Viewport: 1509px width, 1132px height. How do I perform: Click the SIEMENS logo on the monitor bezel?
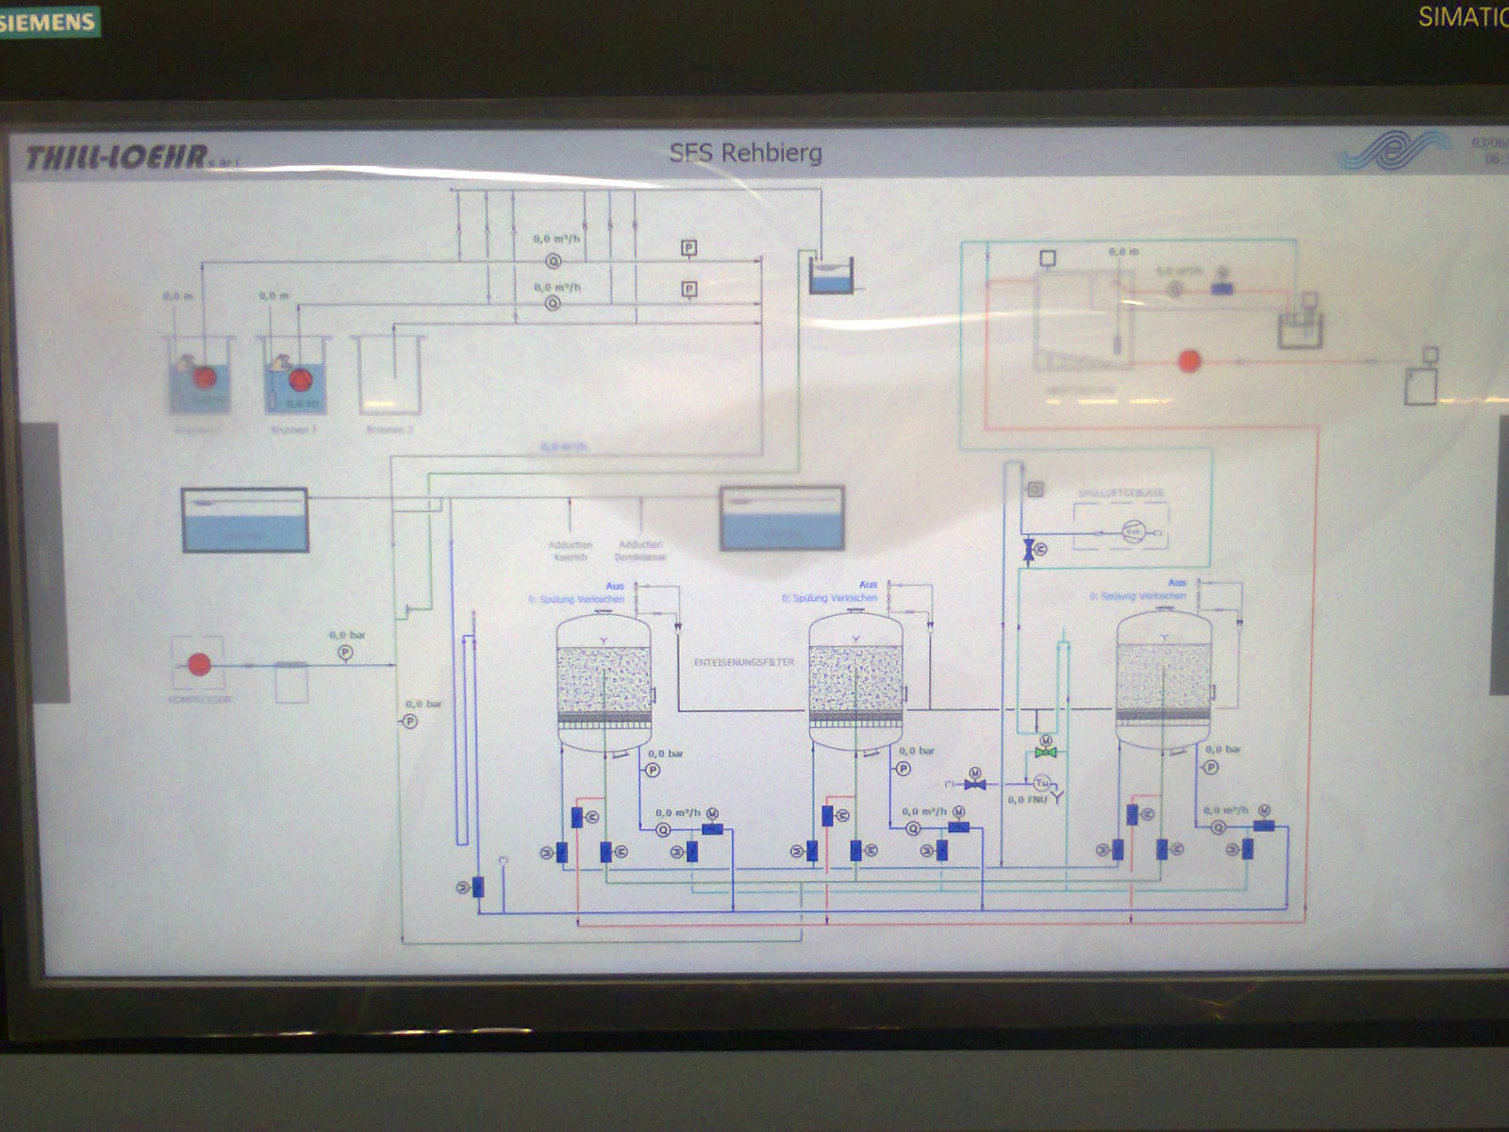(49, 21)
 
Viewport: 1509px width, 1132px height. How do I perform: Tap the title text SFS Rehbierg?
(745, 153)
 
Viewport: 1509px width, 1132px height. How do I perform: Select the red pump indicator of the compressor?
(199, 664)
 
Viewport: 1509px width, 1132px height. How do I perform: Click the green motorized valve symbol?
(1044, 752)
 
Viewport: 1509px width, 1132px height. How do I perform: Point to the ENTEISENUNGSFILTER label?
(744, 662)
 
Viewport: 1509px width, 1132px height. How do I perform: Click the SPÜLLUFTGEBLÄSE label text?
(1120, 493)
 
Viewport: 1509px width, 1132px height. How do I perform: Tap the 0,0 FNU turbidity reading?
(1027, 800)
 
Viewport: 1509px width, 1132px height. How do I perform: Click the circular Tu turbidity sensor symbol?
(1042, 782)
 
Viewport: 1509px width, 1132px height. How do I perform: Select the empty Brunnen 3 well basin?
(389, 375)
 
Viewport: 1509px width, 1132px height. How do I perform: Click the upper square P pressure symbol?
(689, 248)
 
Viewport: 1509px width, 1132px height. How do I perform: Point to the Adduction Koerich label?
(570, 551)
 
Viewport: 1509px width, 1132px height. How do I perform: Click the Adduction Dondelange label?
(640, 551)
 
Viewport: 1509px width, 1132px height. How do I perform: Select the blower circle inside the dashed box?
(1133, 532)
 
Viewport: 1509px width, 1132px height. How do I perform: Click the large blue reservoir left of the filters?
(244, 520)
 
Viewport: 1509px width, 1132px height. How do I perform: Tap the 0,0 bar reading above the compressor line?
(346, 635)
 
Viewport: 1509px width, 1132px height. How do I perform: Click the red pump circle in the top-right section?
(1189, 360)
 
